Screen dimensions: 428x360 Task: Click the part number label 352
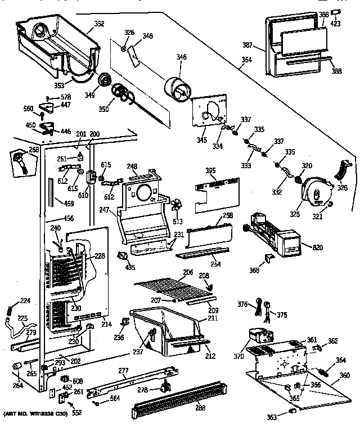(x=99, y=24)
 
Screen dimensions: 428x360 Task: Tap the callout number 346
(x=181, y=57)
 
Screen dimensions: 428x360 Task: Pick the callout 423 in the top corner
(x=336, y=24)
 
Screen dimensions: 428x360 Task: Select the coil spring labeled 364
(x=325, y=372)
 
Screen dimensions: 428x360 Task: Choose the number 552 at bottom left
(x=76, y=412)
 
